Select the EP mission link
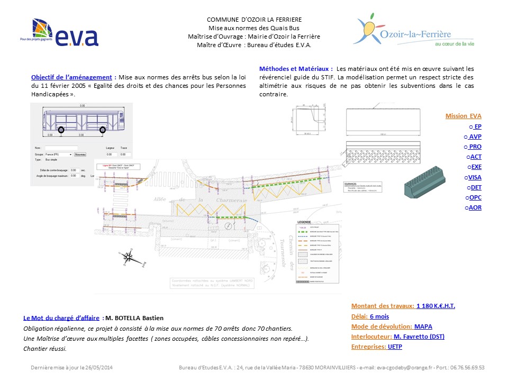point(477,126)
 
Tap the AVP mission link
point(475,137)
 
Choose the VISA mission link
point(475,177)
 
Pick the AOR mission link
point(475,207)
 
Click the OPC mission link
point(475,197)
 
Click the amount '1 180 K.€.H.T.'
point(436,306)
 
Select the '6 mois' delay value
point(379,316)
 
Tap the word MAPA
point(423,326)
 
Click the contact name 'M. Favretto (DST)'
point(419,337)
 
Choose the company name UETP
point(395,347)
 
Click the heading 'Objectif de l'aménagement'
point(71,77)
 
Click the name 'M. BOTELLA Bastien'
point(134,318)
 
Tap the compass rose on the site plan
point(128,258)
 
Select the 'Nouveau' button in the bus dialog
point(80,155)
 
